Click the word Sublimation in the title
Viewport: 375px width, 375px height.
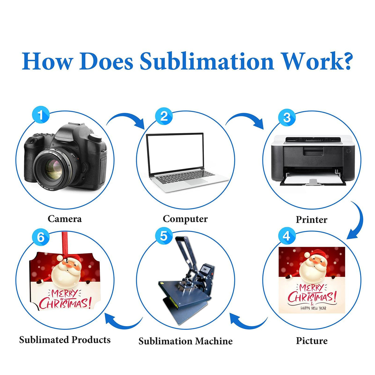pyautogui.click(x=207, y=61)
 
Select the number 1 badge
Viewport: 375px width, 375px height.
pyautogui.click(x=40, y=115)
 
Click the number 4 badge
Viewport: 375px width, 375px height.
pyautogui.click(x=287, y=236)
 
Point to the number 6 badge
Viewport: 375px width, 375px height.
pyautogui.click(x=40, y=237)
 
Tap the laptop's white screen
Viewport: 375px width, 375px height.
pyautogui.click(x=175, y=153)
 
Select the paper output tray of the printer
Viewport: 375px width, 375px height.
pyautogui.click(x=312, y=179)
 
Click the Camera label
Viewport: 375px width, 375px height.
pyautogui.click(x=65, y=219)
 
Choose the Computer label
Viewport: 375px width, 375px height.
pyautogui.click(x=185, y=219)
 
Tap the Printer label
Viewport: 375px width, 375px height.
pyautogui.click(x=311, y=219)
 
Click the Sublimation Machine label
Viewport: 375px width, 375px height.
pyautogui.click(x=185, y=341)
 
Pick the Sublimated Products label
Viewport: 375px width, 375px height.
pyautogui.click(x=65, y=339)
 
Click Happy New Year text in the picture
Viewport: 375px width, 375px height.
pyautogui.click(x=313, y=308)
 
